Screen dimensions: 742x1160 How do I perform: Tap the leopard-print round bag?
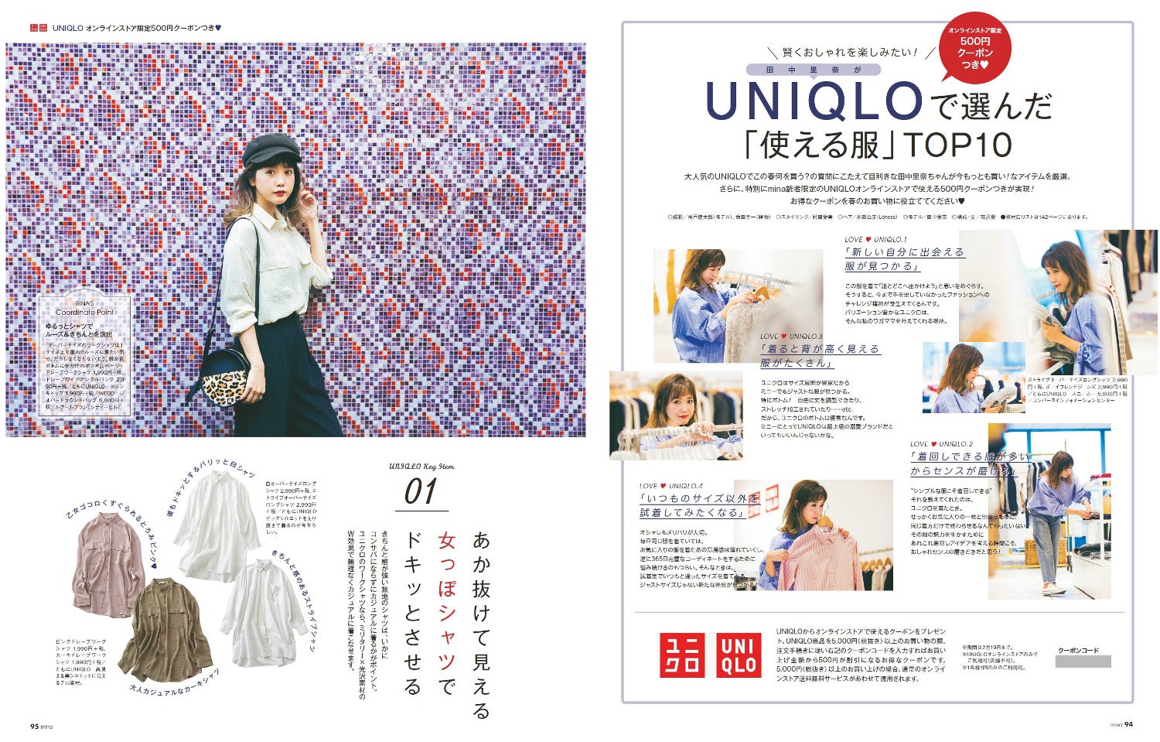coord(227,377)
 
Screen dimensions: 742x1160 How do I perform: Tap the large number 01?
coord(421,492)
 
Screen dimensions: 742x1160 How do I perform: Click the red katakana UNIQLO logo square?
coord(683,655)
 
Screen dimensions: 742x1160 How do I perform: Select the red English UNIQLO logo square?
coord(739,655)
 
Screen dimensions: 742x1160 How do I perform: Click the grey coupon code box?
coord(1083,662)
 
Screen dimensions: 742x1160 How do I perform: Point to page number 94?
coord(1128,724)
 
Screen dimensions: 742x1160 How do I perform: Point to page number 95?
coord(35,726)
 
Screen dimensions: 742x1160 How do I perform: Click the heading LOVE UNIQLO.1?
coord(875,240)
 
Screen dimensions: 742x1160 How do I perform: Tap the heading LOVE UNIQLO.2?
coord(941,444)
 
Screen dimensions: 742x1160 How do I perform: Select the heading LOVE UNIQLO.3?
coord(791,337)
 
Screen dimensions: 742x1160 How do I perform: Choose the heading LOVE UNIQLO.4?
coord(670,486)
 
